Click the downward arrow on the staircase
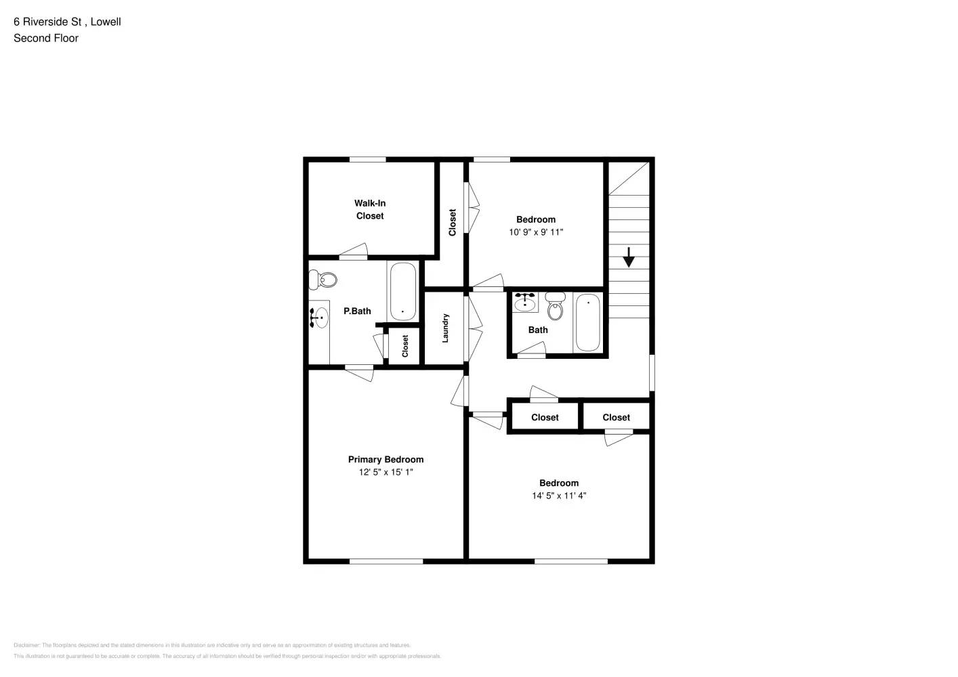[x=628, y=257]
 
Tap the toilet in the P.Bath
[x=323, y=279]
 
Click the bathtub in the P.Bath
[x=402, y=292]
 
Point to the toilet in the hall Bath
[x=555, y=307]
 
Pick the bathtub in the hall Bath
[x=587, y=322]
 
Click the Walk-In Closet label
[x=370, y=209]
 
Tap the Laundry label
[x=445, y=328]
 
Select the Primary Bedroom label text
[x=386, y=459]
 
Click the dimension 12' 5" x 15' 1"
[x=386, y=472]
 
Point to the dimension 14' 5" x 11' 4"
[x=559, y=496]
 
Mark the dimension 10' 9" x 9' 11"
[x=536, y=232]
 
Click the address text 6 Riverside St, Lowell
[x=67, y=22]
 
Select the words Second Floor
[x=46, y=38]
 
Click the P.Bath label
[x=357, y=311]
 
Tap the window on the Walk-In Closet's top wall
[x=367, y=160]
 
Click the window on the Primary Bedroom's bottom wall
[x=386, y=561]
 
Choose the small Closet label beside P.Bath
[x=405, y=346]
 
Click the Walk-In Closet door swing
[x=354, y=251]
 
